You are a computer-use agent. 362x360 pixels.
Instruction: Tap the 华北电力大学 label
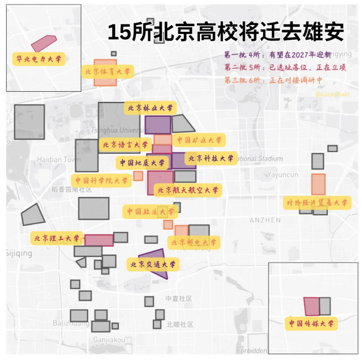(39, 58)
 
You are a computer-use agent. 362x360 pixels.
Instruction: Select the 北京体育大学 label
(108, 72)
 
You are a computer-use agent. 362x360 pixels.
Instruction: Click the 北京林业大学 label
(150, 107)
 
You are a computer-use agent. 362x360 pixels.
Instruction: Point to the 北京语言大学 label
(125, 145)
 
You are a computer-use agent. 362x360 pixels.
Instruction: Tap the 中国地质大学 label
(142, 163)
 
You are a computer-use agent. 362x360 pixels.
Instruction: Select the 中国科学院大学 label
(102, 181)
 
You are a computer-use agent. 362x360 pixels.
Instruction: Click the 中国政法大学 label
(150, 211)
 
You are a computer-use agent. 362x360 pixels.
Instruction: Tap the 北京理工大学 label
(57, 238)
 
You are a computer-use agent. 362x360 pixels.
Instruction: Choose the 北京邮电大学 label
(194, 243)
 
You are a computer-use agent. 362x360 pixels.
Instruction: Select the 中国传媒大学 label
(311, 324)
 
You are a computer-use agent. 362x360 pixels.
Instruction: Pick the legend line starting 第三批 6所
(277, 80)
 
